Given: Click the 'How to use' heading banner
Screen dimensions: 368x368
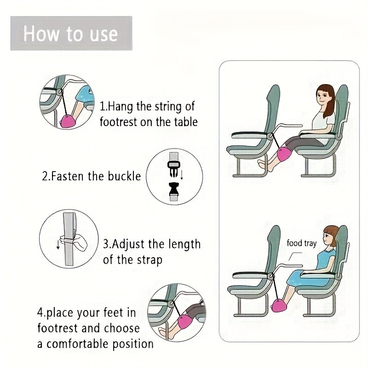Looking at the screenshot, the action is [x=71, y=33].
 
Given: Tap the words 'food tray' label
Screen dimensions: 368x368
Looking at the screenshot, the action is [x=302, y=243].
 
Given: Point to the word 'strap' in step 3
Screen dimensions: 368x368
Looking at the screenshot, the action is [x=149, y=260].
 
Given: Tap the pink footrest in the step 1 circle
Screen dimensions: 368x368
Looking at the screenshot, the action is [x=67, y=121].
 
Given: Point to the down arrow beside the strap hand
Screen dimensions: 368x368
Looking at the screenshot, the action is [x=58, y=244].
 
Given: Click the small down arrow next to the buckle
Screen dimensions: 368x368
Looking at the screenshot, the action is [x=182, y=175].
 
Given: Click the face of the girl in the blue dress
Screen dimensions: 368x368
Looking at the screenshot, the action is [x=327, y=238].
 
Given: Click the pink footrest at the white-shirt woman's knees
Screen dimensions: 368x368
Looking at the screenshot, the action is [x=284, y=153].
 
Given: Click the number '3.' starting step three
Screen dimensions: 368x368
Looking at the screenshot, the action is [x=107, y=244].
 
